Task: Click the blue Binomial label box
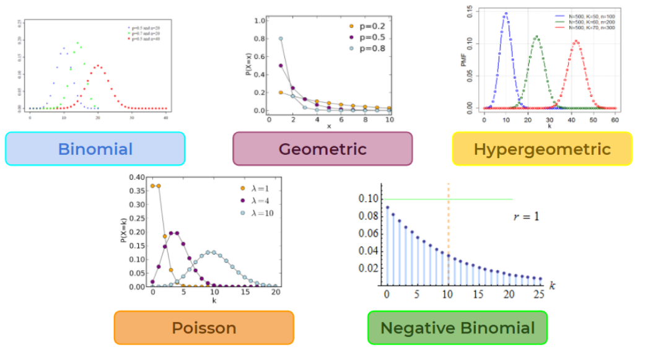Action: coord(95,149)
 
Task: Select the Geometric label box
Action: coord(322,149)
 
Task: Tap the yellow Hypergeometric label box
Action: coord(542,149)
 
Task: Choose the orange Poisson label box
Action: coord(203,327)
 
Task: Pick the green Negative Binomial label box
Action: coord(457,327)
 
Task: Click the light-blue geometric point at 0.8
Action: coord(281,38)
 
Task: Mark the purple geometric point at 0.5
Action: coord(281,66)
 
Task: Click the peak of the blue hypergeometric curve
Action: coord(506,14)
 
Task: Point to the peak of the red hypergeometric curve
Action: coord(576,42)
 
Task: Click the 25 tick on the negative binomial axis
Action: coord(540,292)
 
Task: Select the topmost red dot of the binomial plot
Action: coord(97,66)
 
